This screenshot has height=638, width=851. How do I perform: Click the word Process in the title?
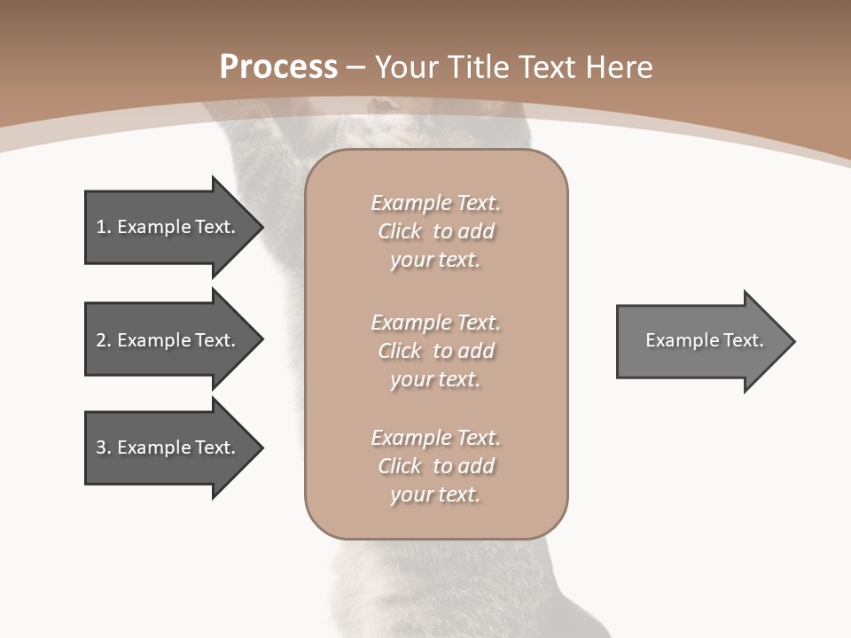(278, 67)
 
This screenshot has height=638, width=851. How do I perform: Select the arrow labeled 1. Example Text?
(168, 227)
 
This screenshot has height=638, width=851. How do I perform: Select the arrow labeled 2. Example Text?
(168, 340)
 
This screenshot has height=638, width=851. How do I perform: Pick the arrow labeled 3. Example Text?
(168, 447)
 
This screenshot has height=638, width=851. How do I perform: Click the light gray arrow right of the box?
(700, 341)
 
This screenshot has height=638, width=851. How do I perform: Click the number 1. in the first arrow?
(104, 227)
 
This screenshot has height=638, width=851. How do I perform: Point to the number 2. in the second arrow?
(104, 340)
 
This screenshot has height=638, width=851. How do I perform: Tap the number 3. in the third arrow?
(104, 447)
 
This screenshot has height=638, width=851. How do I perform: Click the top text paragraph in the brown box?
(435, 231)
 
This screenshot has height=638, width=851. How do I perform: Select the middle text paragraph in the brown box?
(435, 351)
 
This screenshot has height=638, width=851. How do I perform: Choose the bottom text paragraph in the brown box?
(435, 466)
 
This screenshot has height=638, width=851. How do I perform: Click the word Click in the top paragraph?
(399, 231)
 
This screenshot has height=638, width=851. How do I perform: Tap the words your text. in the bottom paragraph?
(435, 494)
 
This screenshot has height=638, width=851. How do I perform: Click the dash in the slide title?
(356, 67)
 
